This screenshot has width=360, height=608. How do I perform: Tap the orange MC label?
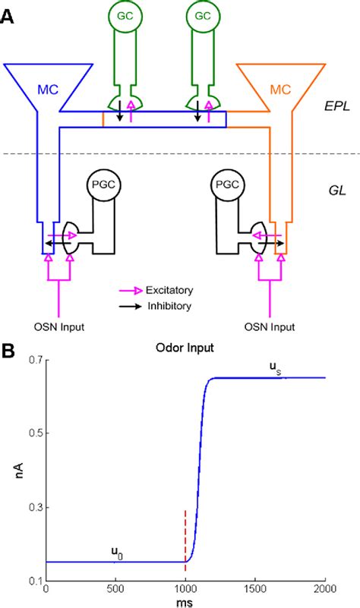click(x=281, y=89)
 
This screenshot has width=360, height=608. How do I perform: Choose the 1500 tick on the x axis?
click(x=255, y=589)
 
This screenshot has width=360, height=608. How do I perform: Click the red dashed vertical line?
click(x=185, y=547)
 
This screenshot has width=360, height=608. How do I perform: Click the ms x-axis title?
click(x=185, y=601)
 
